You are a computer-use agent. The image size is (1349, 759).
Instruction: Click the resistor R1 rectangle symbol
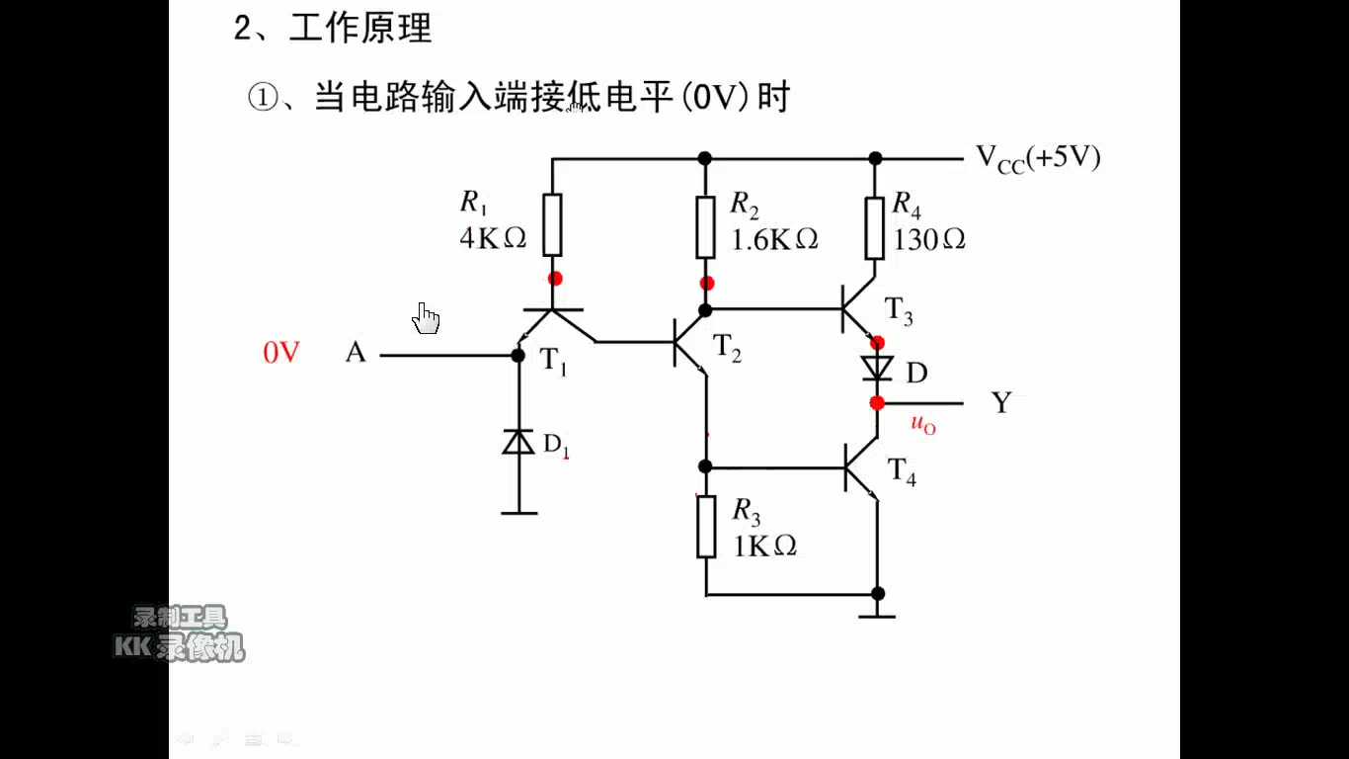point(553,224)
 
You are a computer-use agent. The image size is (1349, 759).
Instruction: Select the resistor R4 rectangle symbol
point(875,227)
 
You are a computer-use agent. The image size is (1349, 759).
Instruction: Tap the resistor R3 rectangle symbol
point(706,527)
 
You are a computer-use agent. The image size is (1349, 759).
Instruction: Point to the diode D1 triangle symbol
point(518,442)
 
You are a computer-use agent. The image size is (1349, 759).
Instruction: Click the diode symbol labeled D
point(876,369)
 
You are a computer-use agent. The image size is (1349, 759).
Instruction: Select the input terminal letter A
point(356,353)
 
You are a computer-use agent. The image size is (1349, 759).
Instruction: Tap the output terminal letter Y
point(1002,403)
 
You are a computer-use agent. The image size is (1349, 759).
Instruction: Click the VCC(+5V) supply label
point(1038,158)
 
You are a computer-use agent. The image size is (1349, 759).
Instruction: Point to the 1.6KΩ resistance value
point(774,239)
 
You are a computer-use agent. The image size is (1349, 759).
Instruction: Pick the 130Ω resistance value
point(928,239)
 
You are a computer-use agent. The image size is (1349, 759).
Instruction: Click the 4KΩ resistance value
point(493,239)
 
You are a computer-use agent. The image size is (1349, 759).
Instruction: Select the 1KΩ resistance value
point(764,546)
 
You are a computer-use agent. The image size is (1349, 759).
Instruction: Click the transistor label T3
point(899,312)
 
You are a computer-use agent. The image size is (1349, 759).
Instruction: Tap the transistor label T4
point(902,471)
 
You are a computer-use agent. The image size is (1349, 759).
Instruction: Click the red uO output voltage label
point(922,426)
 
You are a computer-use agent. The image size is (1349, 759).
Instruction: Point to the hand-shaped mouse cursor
point(427,318)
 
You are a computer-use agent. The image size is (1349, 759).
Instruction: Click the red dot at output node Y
point(877,403)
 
